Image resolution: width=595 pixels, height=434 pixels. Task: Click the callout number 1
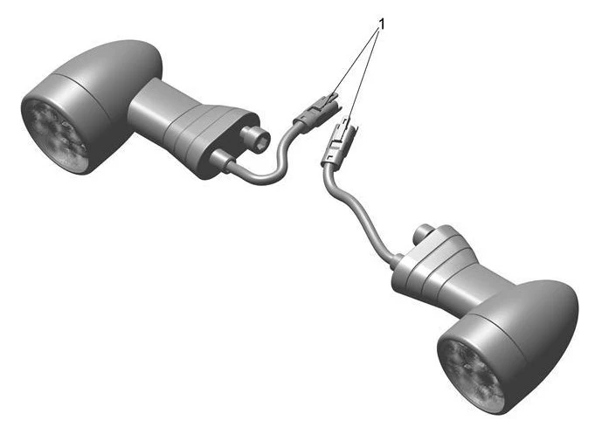pyautogui.click(x=382, y=24)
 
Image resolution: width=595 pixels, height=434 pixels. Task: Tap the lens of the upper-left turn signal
pyautogui.click(x=55, y=134)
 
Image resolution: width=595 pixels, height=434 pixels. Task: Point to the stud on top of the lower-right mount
pyautogui.click(x=425, y=231)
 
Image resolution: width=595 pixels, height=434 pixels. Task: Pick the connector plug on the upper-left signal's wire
pyautogui.click(x=315, y=112)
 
